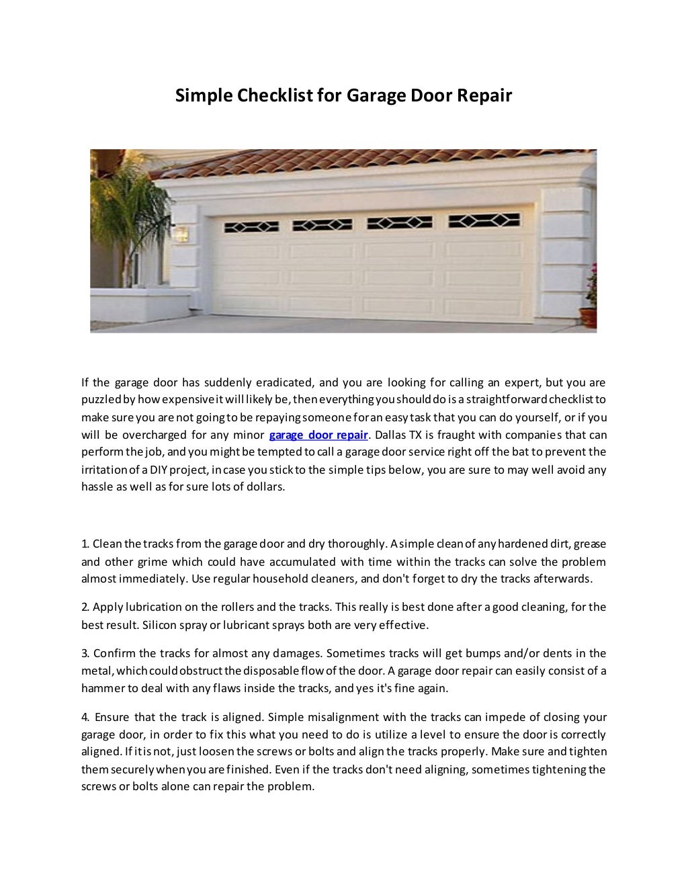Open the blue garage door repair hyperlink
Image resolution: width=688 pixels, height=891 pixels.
coord(318,434)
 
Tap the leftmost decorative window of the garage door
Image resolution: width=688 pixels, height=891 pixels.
coord(247,224)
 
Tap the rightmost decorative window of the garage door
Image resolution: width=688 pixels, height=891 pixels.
coord(484,221)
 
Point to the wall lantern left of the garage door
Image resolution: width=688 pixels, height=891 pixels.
coord(181,234)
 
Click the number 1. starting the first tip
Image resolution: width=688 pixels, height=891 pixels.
coord(85,544)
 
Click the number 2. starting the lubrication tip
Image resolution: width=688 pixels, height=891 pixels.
coord(85,607)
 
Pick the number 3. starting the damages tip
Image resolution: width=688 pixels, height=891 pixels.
coord(85,653)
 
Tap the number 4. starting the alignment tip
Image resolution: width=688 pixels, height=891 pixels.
coord(85,717)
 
